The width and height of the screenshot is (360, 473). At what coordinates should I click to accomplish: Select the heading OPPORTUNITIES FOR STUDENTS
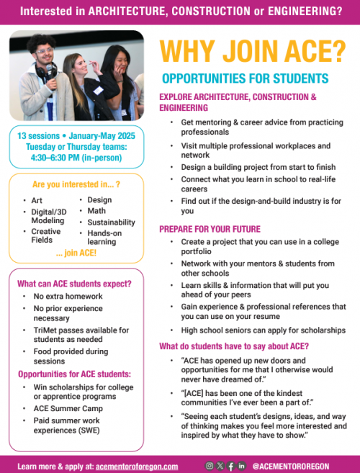point(245,78)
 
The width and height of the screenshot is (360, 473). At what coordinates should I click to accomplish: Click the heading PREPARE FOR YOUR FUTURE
point(211,229)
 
